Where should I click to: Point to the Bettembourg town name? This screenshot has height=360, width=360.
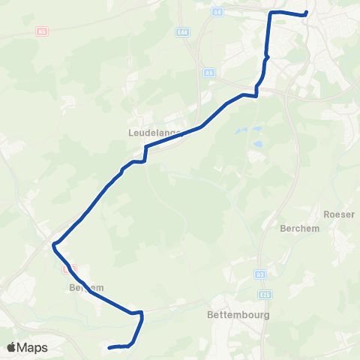coord(238,316)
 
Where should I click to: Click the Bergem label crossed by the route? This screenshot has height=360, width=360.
coord(85,287)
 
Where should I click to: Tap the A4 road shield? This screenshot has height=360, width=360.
coord(218,13)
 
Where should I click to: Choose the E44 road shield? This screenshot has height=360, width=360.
coord(183,33)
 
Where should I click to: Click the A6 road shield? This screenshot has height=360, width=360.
coord(208,73)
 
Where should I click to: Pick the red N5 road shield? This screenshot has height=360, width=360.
coord(42,31)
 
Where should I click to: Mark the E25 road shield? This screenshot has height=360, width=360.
coord(267,293)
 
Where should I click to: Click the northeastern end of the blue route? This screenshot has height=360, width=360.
coord(306,12)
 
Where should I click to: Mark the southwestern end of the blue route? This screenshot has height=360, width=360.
coord(109,347)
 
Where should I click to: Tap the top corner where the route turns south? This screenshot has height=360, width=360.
coord(271,13)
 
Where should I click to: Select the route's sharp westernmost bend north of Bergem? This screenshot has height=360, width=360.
coord(53,244)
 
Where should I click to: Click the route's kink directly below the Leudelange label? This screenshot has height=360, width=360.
coord(145,148)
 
